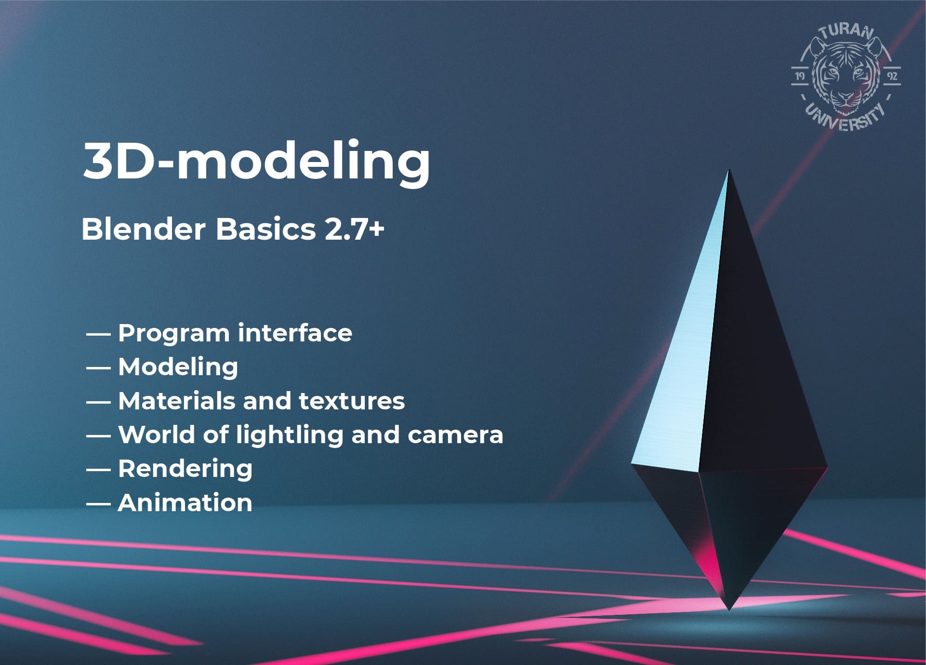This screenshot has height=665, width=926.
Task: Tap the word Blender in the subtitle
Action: pyautogui.click(x=144, y=229)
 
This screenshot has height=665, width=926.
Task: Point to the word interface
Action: pyautogui.click(x=295, y=333)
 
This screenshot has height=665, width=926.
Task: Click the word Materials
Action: pyautogui.click(x=177, y=401)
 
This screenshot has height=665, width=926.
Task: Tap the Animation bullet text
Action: pyautogui.click(x=185, y=502)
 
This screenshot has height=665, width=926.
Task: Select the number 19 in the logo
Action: pyautogui.click(x=800, y=76)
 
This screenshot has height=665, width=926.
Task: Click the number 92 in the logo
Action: pyautogui.click(x=892, y=76)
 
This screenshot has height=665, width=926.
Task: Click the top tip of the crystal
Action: pyautogui.click(x=729, y=170)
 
